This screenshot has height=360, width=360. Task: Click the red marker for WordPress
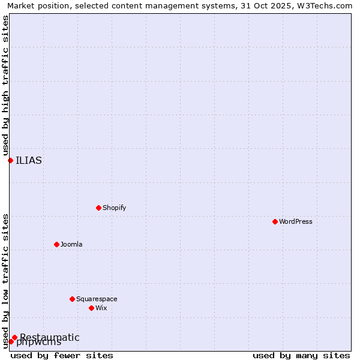point(275,221)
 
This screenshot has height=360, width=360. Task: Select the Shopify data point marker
point(98,208)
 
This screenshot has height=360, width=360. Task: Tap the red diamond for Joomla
point(56,244)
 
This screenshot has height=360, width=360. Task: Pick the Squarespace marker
point(72,299)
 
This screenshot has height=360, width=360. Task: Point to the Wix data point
point(91,308)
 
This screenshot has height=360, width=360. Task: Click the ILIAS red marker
point(10,160)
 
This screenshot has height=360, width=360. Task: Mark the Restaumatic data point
point(14,337)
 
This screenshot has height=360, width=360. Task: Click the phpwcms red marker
point(11,341)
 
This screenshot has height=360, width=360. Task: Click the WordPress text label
point(296,221)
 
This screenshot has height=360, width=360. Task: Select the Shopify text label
point(114,208)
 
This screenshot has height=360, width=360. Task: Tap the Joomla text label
point(71,244)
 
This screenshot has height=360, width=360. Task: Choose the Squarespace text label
point(97,299)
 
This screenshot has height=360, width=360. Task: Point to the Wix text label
point(101,308)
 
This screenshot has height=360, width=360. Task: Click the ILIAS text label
point(29,160)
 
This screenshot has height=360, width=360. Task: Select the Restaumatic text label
point(50,337)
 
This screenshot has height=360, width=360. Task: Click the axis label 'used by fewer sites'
point(62,355)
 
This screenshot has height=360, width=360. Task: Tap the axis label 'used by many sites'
point(301,355)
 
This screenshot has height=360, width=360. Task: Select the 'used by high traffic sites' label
point(5,86)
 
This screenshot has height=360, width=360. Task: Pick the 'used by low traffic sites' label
point(5,281)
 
